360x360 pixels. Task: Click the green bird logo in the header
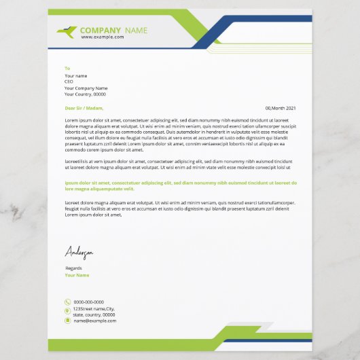(x=69, y=31)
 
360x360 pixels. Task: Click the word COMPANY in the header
(x=101, y=31)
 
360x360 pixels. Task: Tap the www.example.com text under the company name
(x=103, y=37)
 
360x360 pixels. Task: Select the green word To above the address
(x=67, y=69)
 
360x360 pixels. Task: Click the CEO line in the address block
(x=69, y=82)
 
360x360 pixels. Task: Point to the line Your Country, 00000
(x=85, y=94)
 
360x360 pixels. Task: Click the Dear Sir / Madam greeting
(x=84, y=108)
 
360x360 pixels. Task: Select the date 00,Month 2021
(x=281, y=108)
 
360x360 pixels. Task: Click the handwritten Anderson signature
(x=79, y=253)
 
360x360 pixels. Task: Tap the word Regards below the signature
(x=73, y=269)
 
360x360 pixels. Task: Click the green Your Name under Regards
(x=77, y=275)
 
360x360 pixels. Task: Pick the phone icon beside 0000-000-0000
(x=67, y=302)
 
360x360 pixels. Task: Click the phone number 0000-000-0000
(x=89, y=302)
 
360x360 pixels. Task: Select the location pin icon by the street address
(x=67, y=311)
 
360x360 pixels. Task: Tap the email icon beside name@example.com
(x=67, y=321)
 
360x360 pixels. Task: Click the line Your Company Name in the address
(x=86, y=88)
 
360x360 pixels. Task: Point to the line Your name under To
(x=76, y=75)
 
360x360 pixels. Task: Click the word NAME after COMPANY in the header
(x=136, y=31)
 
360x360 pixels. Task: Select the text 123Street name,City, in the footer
(x=94, y=309)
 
